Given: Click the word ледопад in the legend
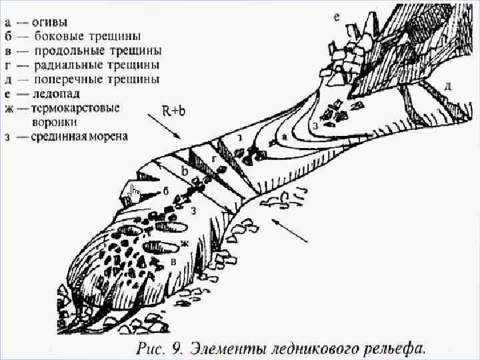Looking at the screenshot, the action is pos(58,94).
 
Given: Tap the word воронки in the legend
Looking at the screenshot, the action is pos(54,123).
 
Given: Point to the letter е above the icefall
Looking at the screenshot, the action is pos(337,18).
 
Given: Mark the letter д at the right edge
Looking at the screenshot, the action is pos(448,86).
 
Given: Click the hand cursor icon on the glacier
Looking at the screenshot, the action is pos(135,194).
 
